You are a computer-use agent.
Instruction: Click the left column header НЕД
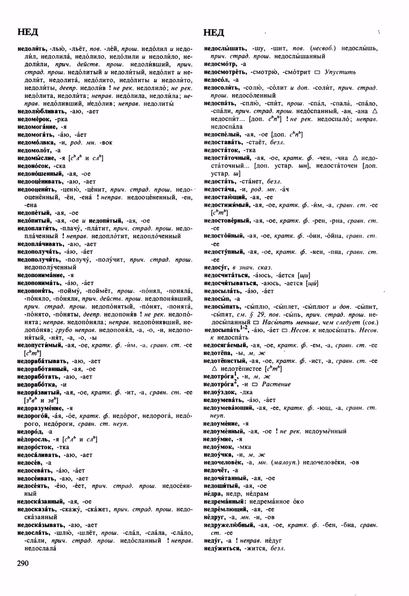click(28, 32)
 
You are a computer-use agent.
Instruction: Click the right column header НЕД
click(214, 32)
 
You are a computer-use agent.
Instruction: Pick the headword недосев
click(29, 463)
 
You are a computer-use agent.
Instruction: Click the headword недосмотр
click(220, 64)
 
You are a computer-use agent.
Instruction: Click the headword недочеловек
click(223, 462)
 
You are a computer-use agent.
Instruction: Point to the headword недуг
click(212, 541)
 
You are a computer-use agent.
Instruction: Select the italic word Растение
click(276, 384)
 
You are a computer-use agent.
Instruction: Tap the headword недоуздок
click(219, 392)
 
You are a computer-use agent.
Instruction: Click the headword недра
click(213, 494)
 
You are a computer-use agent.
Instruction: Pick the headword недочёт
click(216, 470)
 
